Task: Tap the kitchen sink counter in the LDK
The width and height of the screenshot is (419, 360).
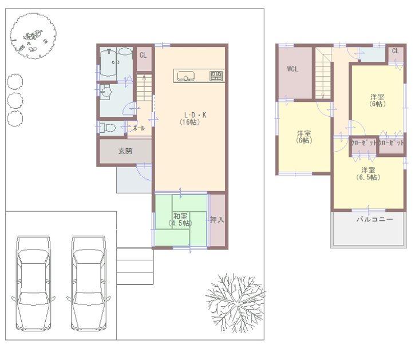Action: pyautogui.click(x=199, y=76)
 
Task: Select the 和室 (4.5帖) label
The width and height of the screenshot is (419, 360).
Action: pyautogui.click(x=180, y=219)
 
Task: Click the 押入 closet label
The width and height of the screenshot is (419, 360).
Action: pyautogui.click(x=217, y=219)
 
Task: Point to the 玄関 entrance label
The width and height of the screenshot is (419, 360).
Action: pyautogui.click(x=125, y=152)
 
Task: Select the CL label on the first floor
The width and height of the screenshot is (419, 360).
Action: pyautogui.click(x=143, y=56)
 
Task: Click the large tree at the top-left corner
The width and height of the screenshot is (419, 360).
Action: pyautogui.click(x=33, y=36)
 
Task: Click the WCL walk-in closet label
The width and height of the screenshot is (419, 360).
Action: pyautogui.click(x=293, y=69)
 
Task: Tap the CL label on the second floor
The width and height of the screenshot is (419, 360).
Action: pyautogui.click(x=395, y=52)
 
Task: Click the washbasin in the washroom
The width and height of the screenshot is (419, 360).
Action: pyautogui.click(x=106, y=92)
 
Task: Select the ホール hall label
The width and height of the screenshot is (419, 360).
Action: pyautogui.click(x=139, y=129)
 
